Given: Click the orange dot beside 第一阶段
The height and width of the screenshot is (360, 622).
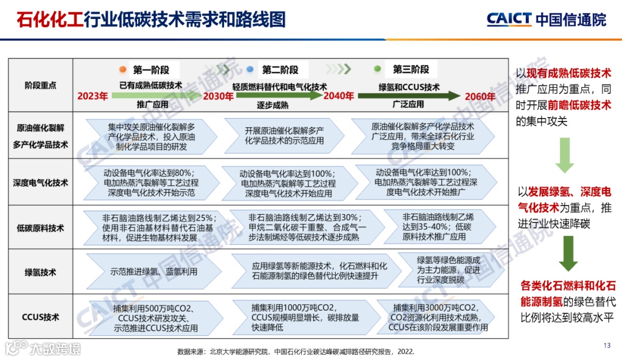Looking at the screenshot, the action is pyautogui.click(x=123, y=70).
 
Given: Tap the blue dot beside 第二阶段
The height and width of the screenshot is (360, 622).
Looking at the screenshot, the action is pyautogui.click(x=250, y=70).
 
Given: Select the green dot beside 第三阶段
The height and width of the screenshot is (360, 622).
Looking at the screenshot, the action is pyautogui.click(x=378, y=69).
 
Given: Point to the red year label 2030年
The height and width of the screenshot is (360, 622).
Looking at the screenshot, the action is pyautogui.click(x=218, y=96).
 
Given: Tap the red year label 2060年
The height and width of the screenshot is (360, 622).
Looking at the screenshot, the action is pyautogui.click(x=480, y=96).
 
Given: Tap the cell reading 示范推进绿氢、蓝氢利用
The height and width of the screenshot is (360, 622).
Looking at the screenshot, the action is pyautogui.click(x=154, y=271).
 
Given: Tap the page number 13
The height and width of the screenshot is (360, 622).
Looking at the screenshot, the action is pyautogui.click(x=606, y=346).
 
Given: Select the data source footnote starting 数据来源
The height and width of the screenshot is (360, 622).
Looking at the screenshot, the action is pyautogui.click(x=296, y=351).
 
